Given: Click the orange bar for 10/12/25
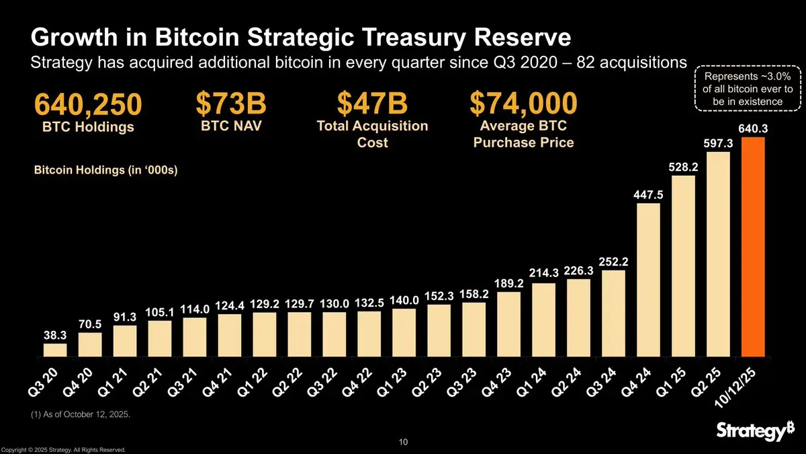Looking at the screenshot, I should click(x=753, y=247).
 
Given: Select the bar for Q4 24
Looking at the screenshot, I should click(x=648, y=279).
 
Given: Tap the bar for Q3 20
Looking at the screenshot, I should click(x=55, y=350).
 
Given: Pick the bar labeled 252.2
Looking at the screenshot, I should click(x=613, y=313).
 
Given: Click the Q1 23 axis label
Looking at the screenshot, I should click(x=391, y=383).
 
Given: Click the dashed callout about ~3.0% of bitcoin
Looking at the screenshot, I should click(x=748, y=87).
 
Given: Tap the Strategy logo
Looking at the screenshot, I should click(x=750, y=431).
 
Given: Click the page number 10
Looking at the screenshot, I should click(x=403, y=442).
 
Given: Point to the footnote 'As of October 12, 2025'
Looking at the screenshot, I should click(x=81, y=415).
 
